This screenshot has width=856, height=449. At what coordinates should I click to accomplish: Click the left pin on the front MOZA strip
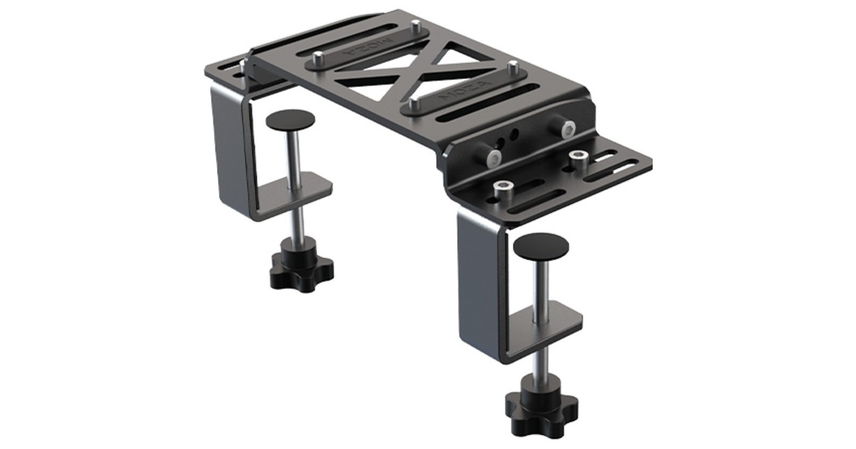(x=414, y=105)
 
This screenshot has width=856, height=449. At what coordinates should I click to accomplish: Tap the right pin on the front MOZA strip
(x=512, y=68)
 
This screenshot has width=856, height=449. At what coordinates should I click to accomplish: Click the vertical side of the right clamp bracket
(x=472, y=285)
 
